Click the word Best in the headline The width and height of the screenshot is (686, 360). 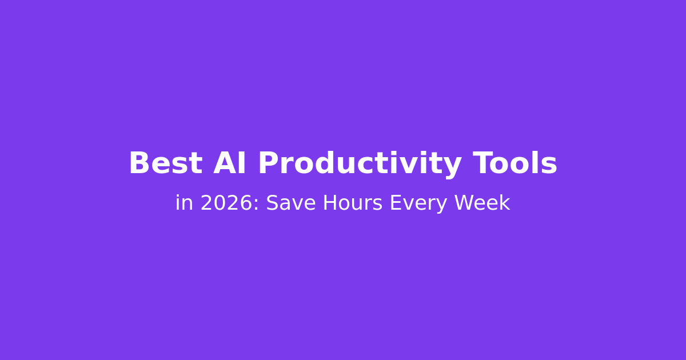pyautogui.click(x=166, y=163)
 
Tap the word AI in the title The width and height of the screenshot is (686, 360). pyautogui.click(x=230, y=163)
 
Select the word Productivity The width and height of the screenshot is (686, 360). pyautogui.click(x=360, y=165)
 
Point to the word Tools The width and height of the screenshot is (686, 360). pyautogui.click(x=515, y=163)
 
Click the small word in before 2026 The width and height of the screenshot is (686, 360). pyautogui.click(x=184, y=203)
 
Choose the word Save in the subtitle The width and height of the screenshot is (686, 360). pyautogui.click(x=291, y=203)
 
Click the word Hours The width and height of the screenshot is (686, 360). pyautogui.click(x=353, y=203)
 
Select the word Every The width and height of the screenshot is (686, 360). pyautogui.click(x=418, y=205)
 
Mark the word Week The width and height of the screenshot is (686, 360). pyautogui.click(x=482, y=203)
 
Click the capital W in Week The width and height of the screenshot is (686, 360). pyautogui.click(x=465, y=203)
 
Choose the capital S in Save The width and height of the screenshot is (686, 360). pyautogui.click(x=272, y=203)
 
